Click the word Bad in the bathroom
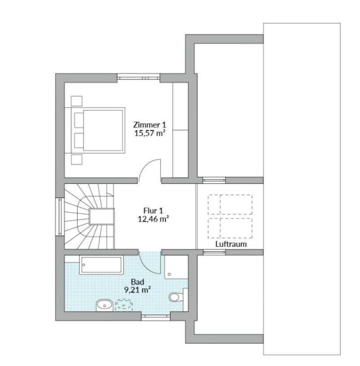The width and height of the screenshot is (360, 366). [137, 282]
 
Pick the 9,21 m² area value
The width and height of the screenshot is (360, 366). [137, 290]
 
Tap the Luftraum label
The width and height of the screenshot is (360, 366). [231, 244]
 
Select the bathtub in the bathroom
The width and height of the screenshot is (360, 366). [101, 265]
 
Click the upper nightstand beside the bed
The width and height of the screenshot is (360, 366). [76, 101]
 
